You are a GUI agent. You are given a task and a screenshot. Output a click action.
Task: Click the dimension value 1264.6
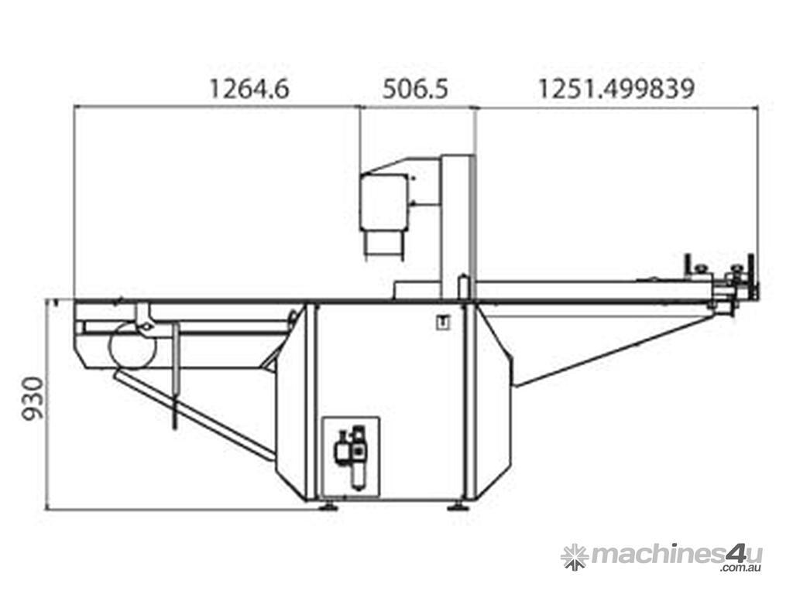[x=249, y=90]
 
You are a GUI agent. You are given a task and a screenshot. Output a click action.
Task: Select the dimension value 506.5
[x=416, y=90]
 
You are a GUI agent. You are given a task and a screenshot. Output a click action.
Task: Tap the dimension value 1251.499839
[x=616, y=90]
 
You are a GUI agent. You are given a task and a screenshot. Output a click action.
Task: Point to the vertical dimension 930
[x=34, y=398]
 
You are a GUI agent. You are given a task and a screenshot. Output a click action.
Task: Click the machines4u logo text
[x=677, y=555]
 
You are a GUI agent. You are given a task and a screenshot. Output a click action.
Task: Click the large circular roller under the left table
[x=132, y=346]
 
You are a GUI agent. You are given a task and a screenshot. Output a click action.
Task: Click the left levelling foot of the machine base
[x=328, y=506]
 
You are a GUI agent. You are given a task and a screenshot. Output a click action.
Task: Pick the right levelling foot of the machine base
[x=458, y=506]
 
